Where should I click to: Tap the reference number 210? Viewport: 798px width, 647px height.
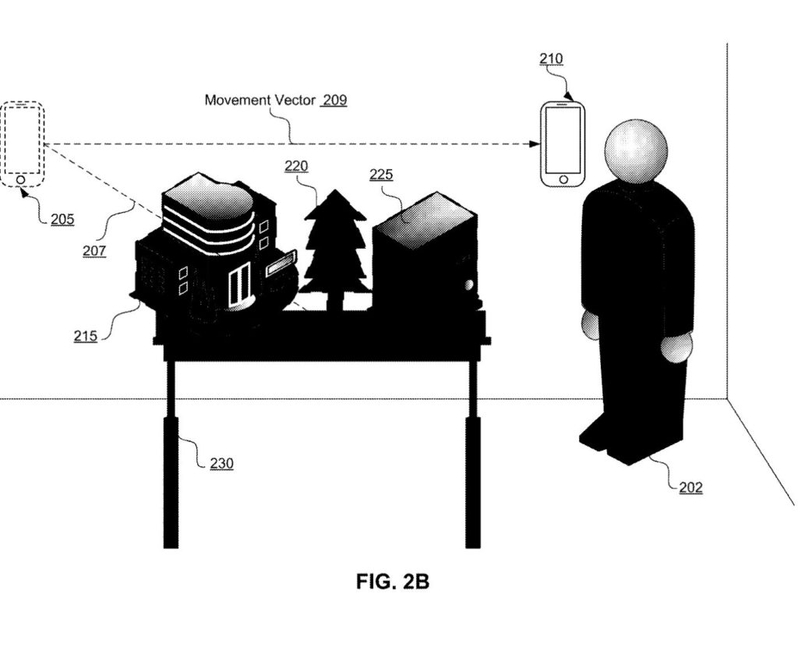[x=551, y=59]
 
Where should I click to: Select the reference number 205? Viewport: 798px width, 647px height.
[x=62, y=219]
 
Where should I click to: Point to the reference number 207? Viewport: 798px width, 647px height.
[x=94, y=251]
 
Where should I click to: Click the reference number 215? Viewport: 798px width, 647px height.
[x=86, y=336]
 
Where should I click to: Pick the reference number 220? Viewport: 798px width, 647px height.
[x=296, y=165]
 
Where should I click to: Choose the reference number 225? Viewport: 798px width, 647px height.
[x=381, y=175]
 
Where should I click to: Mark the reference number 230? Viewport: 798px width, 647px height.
[x=221, y=463]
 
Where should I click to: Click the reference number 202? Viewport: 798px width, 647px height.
[x=690, y=488]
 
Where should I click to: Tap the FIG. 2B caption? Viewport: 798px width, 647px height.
[x=393, y=582]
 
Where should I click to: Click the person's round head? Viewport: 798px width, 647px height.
[x=636, y=150]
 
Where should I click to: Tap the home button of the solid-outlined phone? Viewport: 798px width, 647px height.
[x=563, y=179]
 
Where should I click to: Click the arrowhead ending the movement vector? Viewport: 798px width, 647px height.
[x=535, y=144]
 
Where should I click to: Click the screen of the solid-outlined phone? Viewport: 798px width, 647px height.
[x=563, y=140]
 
